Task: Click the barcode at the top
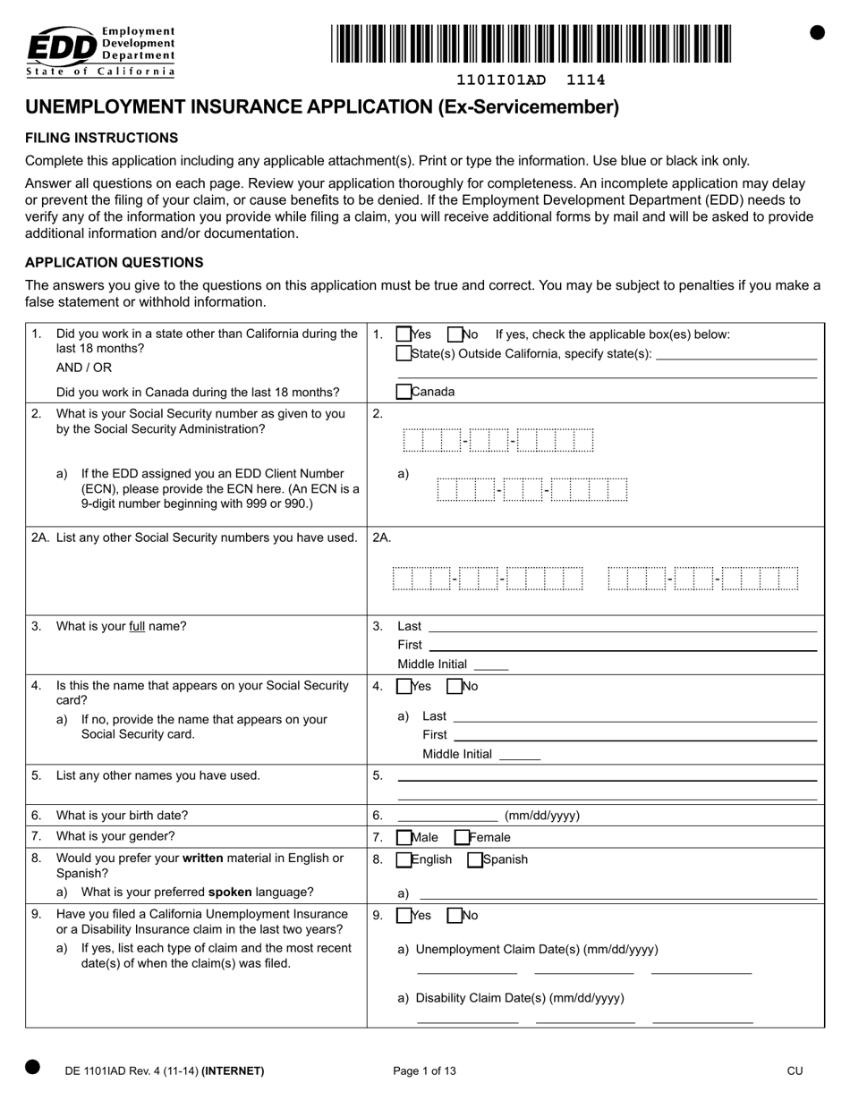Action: tap(531, 43)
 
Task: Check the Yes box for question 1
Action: tap(404, 334)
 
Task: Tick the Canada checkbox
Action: tap(404, 392)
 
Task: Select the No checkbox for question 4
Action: tap(455, 687)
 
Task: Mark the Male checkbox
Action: tap(404, 838)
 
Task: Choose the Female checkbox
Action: tap(463, 838)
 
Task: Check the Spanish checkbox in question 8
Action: tap(475, 860)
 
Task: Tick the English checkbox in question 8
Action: tap(404, 860)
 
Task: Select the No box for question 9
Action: tap(455, 916)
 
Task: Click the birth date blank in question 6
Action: tap(447, 815)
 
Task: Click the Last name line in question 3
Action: tap(623, 626)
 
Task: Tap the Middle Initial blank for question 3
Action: tap(490, 664)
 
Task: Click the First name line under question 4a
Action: tap(635, 735)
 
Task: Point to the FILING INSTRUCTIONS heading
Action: tap(101, 138)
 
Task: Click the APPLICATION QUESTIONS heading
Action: tap(114, 262)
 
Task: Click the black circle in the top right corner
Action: tap(817, 32)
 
